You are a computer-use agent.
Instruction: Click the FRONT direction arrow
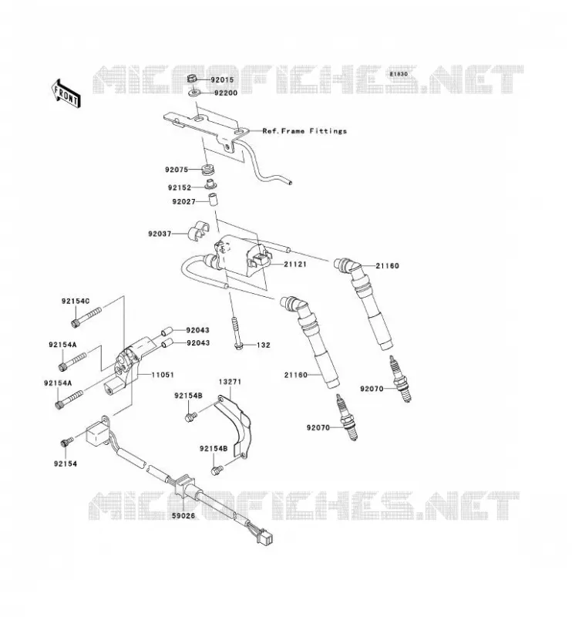click(66, 93)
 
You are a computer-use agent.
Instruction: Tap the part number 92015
click(222, 80)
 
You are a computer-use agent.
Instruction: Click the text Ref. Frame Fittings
click(305, 131)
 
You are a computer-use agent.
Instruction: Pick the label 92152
click(180, 188)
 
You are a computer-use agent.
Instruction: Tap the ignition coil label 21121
click(295, 264)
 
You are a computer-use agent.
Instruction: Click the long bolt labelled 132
click(236, 333)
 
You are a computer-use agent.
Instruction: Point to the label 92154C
click(76, 302)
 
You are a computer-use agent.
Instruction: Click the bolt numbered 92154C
click(86, 318)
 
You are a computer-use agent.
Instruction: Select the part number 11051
click(163, 375)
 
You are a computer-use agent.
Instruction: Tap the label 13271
click(230, 382)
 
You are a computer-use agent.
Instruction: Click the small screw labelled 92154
click(66, 442)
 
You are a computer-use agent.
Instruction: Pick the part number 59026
click(183, 515)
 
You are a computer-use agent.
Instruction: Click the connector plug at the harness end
click(266, 537)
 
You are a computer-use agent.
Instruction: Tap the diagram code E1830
click(399, 74)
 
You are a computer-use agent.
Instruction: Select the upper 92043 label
click(198, 331)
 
